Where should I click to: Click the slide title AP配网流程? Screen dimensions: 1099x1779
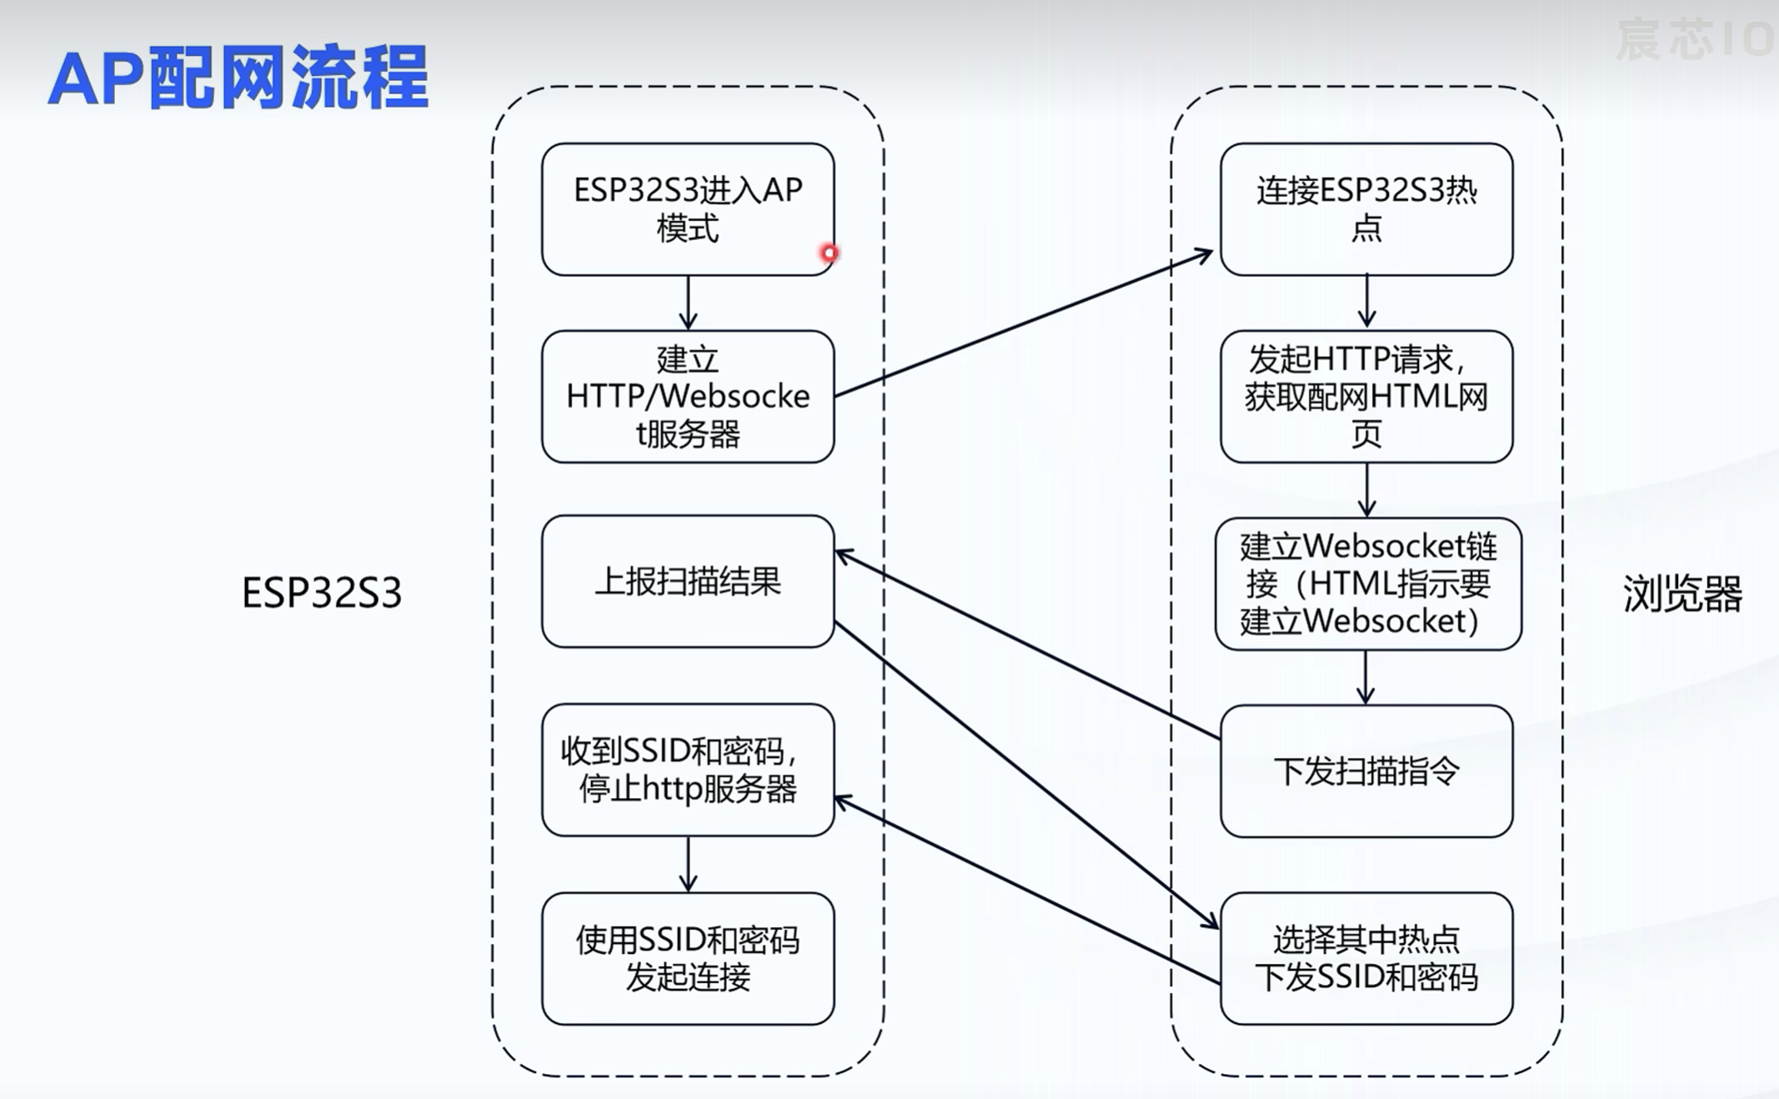[x=238, y=78]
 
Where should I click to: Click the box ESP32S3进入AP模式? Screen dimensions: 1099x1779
[x=687, y=208]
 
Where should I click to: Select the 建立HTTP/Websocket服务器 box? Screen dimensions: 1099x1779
[x=687, y=396]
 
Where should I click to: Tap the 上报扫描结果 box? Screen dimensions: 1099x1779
[x=687, y=581]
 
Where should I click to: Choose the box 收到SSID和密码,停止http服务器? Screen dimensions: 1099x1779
[x=687, y=770]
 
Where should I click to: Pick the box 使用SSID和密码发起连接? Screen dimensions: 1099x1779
[x=687, y=958]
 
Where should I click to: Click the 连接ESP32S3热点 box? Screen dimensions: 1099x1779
[x=1366, y=208]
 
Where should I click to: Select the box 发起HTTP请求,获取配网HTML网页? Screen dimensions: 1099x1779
[x=1366, y=396]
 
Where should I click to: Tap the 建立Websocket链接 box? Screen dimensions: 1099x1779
[x=1367, y=584]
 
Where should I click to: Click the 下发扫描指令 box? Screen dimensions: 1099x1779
[x=1366, y=771]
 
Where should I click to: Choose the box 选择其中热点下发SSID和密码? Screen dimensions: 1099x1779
[x=1366, y=958]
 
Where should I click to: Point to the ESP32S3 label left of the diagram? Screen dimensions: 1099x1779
[x=322, y=593]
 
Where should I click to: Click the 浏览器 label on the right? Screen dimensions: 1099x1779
[x=1682, y=595]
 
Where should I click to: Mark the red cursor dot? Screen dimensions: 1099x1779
[x=829, y=253]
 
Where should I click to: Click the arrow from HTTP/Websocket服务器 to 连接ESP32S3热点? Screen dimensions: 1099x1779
[x=1024, y=323]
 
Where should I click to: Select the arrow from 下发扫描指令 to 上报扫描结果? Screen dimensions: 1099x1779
[x=1027, y=644]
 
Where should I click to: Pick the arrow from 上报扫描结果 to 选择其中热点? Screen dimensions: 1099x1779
[x=1025, y=774]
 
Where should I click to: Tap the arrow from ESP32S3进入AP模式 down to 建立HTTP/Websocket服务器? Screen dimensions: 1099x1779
[x=688, y=303]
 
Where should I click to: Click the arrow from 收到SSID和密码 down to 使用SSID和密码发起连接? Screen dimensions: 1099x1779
[x=688, y=864]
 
